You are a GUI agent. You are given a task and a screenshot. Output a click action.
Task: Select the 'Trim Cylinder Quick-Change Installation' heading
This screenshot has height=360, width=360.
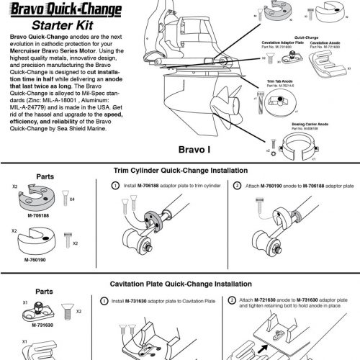click(x=181, y=171)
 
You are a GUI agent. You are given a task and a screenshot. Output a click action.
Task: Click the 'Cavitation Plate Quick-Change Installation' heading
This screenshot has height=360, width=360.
click(x=181, y=284)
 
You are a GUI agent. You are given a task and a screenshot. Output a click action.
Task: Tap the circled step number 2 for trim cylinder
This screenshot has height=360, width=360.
click(x=238, y=186)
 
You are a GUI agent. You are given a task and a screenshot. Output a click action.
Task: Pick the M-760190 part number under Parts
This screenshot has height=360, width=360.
click(x=35, y=258)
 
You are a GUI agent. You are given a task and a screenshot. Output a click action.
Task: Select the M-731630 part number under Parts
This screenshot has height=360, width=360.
click(x=35, y=325)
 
